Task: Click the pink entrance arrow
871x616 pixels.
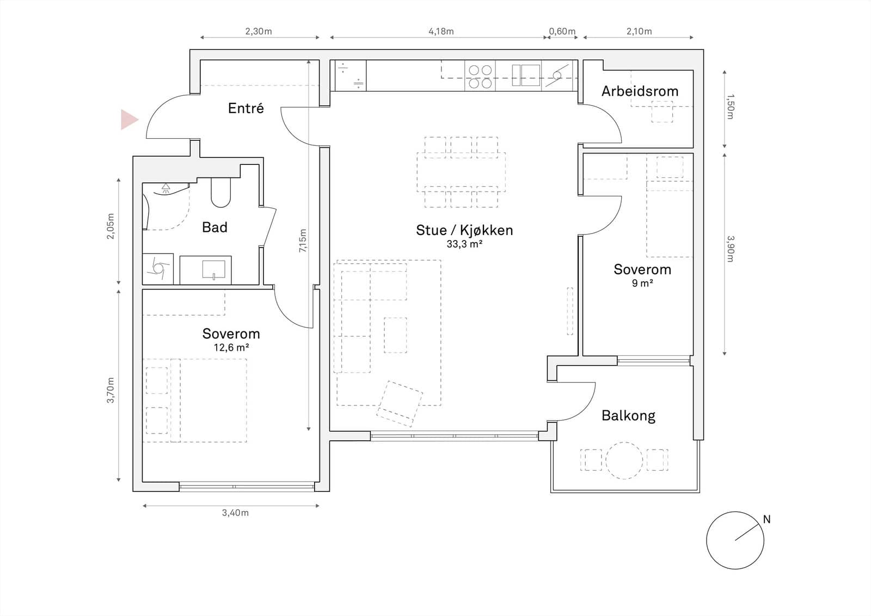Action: click(x=128, y=120)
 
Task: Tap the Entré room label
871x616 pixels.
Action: click(x=246, y=108)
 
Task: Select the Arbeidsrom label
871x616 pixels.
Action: click(x=640, y=91)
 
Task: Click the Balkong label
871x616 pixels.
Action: click(x=628, y=416)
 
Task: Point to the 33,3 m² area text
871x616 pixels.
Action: click(x=464, y=244)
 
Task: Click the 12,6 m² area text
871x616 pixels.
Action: click(x=231, y=347)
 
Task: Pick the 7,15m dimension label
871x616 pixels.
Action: click(x=303, y=241)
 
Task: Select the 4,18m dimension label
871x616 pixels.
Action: click(x=441, y=31)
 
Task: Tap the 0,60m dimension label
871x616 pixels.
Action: click(x=562, y=31)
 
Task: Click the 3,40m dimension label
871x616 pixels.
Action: click(x=235, y=513)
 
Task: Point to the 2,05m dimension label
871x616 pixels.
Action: click(x=111, y=226)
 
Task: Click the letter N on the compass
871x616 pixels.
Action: click(x=766, y=519)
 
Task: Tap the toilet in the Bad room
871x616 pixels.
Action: click(x=221, y=193)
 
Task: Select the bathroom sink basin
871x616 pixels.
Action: click(x=213, y=270)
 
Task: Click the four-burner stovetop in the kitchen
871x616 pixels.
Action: click(x=480, y=76)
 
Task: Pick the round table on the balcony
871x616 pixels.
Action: click(x=624, y=460)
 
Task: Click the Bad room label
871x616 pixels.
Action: click(x=214, y=227)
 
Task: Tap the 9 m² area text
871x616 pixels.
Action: click(x=642, y=283)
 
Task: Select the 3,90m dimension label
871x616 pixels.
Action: click(x=730, y=249)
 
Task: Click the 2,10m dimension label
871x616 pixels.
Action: click(x=639, y=31)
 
